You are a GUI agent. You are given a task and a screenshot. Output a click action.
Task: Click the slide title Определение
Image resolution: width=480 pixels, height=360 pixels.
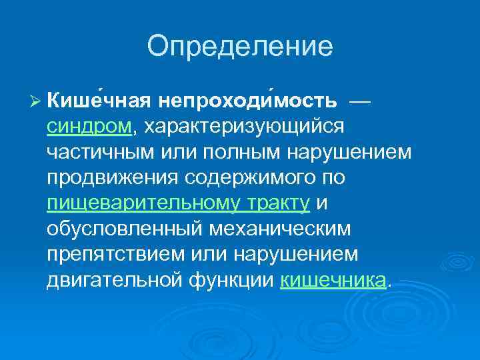[239, 46]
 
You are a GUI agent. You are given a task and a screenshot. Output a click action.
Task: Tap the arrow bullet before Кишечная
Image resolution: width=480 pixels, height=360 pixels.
[36, 100]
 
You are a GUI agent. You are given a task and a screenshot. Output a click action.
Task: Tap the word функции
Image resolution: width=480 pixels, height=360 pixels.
[239, 281]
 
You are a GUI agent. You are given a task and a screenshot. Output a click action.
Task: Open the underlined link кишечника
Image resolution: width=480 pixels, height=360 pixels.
[333, 281]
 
